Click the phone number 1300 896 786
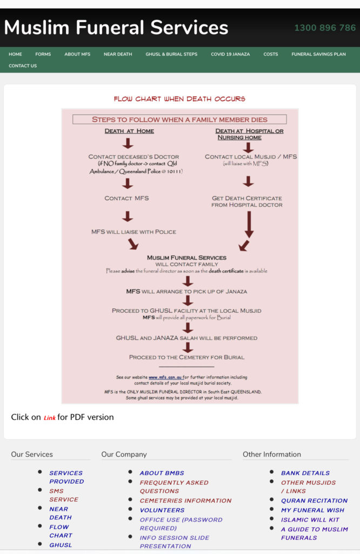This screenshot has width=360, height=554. click(325, 28)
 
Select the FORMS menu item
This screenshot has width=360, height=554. click(43, 54)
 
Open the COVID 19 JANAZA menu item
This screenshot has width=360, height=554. click(230, 54)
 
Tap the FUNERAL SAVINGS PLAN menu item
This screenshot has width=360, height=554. click(318, 54)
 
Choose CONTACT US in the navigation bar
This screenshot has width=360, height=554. click(23, 65)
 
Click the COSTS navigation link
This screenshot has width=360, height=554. click(271, 54)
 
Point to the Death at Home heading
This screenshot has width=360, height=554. click(129, 131)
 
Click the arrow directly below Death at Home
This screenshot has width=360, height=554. click(128, 143)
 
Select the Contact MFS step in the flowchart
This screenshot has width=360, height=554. click(126, 198)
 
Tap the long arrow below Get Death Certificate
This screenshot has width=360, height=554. click(249, 225)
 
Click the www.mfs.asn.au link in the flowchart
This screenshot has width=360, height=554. click(165, 377)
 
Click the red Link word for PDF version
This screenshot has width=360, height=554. click(49, 418)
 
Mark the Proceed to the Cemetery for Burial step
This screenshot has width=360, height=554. click(186, 357)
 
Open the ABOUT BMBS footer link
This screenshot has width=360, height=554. click(162, 473)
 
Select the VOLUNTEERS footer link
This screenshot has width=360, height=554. click(162, 510)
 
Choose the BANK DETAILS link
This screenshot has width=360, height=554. click(305, 473)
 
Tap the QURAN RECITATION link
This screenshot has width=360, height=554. click(314, 500)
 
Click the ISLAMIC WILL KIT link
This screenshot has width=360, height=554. click(310, 520)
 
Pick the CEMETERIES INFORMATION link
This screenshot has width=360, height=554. click(185, 500)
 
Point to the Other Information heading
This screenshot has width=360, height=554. click(272, 454)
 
